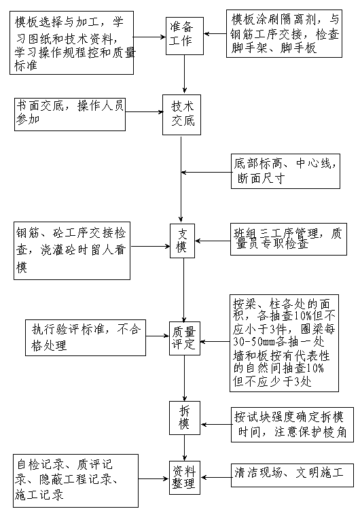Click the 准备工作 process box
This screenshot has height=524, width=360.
point(185,36)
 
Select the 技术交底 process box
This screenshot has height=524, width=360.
point(181,115)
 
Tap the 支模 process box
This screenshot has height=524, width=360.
point(182,241)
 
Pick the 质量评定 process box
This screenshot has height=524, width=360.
point(184,338)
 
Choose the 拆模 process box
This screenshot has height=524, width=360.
point(185,418)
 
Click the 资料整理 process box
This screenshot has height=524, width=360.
point(185,478)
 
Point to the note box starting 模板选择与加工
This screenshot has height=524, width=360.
point(72,43)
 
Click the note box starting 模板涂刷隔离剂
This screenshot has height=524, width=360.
point(284,33)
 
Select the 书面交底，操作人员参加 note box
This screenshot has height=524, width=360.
point(70,114)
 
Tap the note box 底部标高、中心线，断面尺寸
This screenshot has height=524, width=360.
point(285,171)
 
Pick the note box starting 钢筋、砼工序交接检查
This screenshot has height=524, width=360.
point(72,251)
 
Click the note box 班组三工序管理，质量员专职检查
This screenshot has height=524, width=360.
point(289,239)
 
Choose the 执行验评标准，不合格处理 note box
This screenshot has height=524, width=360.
point(86,338)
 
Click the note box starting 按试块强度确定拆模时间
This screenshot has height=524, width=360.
point(292,425)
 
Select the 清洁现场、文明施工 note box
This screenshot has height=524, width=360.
point(292,475)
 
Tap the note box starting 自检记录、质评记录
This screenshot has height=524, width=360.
point(76,481)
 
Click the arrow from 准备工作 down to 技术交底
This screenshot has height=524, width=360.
point(184,74)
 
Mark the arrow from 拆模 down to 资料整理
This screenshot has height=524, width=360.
point(184,448)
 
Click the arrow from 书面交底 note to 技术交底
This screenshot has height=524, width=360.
point(144,111)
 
